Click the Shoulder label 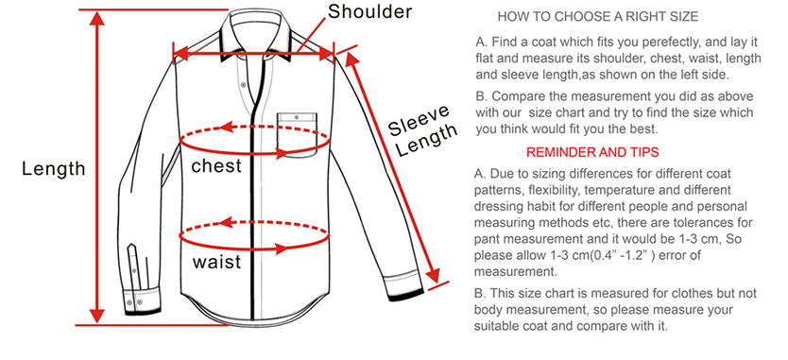369,11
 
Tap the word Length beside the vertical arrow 54,169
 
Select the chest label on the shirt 216,165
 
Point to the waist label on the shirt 216,262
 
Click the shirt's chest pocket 297,134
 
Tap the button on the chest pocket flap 297,118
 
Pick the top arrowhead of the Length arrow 97,18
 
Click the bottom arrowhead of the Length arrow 97,316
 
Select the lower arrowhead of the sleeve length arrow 433,276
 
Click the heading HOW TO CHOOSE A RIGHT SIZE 597,17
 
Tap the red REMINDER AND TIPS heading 592,152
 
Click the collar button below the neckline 244,84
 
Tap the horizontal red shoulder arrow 254,53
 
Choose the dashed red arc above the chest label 255,129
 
